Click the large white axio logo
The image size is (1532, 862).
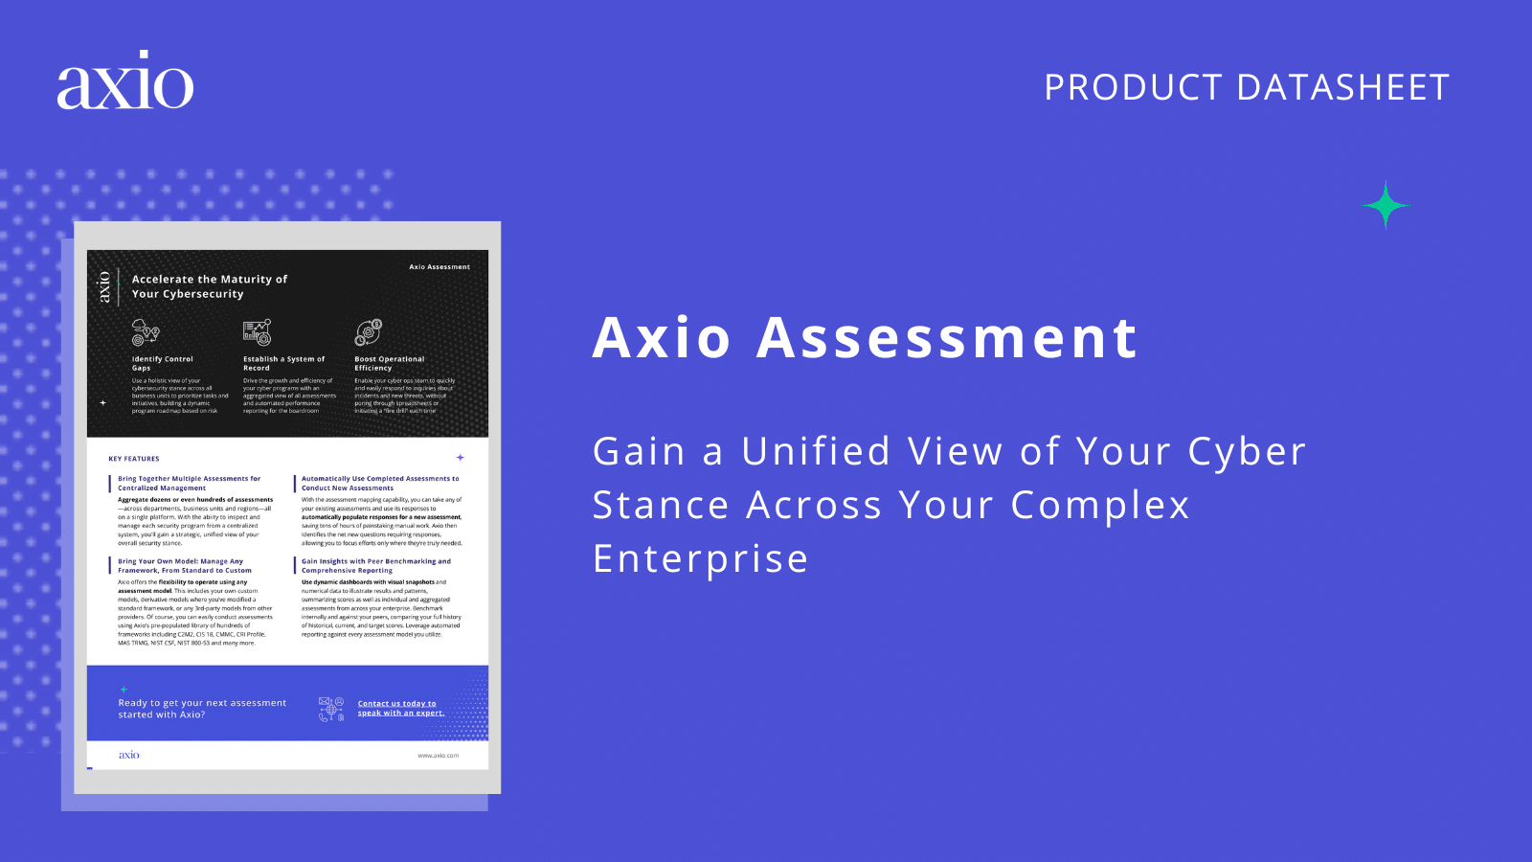(125, 80)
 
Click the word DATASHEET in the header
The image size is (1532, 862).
(1343, 87)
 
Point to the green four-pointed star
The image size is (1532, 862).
(1386, 205)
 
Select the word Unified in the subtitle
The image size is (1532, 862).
(816, 451)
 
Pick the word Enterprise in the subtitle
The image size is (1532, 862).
(701, 558)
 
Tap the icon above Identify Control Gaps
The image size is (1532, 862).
(146, 332)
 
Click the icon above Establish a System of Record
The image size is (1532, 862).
(257, 332)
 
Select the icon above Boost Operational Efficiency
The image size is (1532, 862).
(369, 332)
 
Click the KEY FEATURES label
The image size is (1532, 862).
(134, 459)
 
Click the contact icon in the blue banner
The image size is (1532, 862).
(331, 709)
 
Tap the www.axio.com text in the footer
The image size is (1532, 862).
(438, 756)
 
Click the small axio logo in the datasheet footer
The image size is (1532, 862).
(129, 755)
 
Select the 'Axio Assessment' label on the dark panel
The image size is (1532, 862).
(439, 267)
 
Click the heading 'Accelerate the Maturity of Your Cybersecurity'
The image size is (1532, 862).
(209, 286)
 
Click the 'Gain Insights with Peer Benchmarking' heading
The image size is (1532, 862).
(375, 566)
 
